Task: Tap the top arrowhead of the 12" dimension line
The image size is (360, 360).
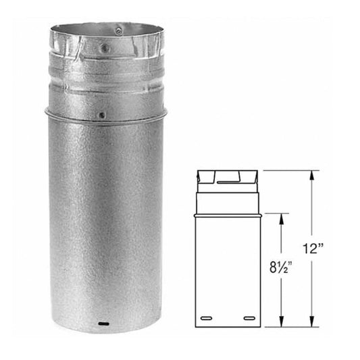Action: pos(311,174)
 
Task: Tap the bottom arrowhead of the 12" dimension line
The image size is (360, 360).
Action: pos(311,323)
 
